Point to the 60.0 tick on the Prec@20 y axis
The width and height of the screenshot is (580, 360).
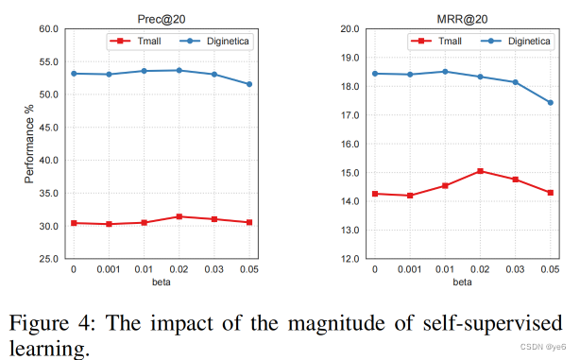point(48,29)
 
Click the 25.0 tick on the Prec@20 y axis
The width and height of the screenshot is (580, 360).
point(48,259)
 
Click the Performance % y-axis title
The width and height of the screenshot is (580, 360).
point(29,144)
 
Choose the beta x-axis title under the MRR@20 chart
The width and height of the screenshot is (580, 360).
point(461,282)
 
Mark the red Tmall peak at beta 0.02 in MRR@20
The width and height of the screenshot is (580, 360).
point(480,171)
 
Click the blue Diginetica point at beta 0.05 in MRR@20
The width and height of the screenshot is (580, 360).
point(550,103)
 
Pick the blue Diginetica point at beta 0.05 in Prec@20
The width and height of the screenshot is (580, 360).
point(249,84)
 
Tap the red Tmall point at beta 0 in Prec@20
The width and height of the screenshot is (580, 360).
point(74,223)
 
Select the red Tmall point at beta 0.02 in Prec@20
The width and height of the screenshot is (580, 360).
point(179,216)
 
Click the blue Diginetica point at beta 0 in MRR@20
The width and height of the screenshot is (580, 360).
point(374,74)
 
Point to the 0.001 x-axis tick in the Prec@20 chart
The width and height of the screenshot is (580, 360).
point(109,269)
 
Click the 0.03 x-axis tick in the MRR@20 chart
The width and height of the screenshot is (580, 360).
point(515,269)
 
